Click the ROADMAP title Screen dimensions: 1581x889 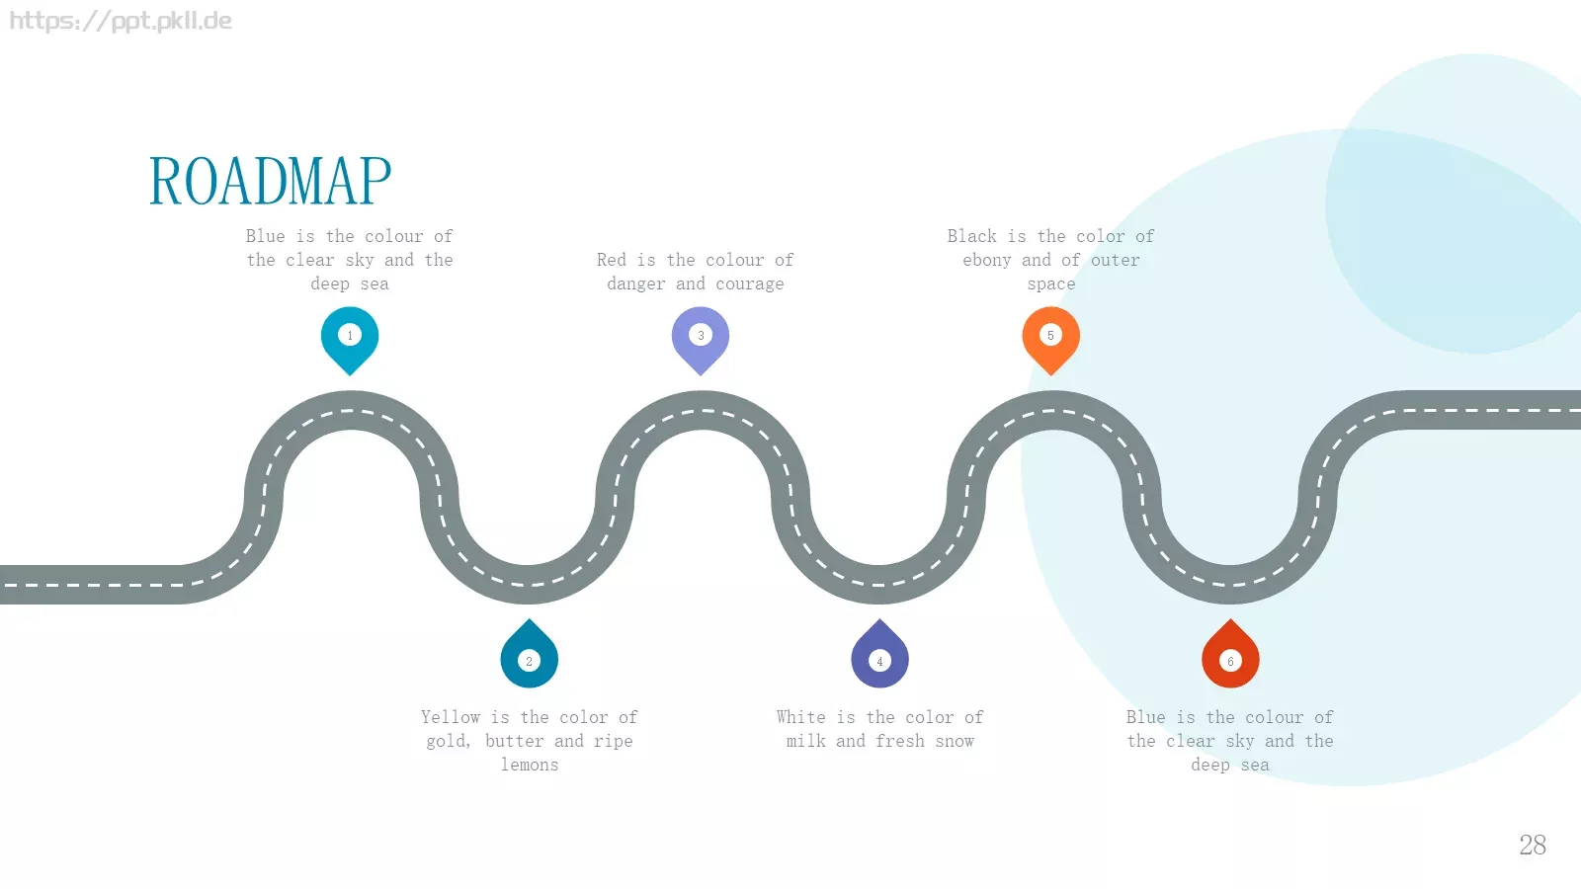(271, 181)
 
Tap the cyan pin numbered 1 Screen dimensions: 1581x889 (350, 340)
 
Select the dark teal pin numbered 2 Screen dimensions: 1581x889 (530, 654)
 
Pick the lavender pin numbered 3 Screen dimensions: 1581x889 (701, 340)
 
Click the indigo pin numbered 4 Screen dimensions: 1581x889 (879, 654)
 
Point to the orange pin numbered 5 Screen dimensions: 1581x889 (1051, 340)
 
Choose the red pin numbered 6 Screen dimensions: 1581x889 (1230, 654)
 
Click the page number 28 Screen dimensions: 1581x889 (1533, 845)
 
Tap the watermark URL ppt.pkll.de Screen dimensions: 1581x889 (120, 21)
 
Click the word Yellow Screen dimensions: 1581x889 (451, 717)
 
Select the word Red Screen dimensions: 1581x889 (612, 261)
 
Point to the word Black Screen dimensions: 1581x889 (972, 236)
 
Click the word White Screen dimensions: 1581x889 (801, 717)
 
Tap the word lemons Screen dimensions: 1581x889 (530, 765)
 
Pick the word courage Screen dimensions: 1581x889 (750, 284)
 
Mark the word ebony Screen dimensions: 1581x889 (987, 261)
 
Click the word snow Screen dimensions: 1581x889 (955, 742)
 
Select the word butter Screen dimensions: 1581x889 (514, 742)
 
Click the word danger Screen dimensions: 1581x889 (636, 284)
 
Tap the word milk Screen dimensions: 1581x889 (805, 742)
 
